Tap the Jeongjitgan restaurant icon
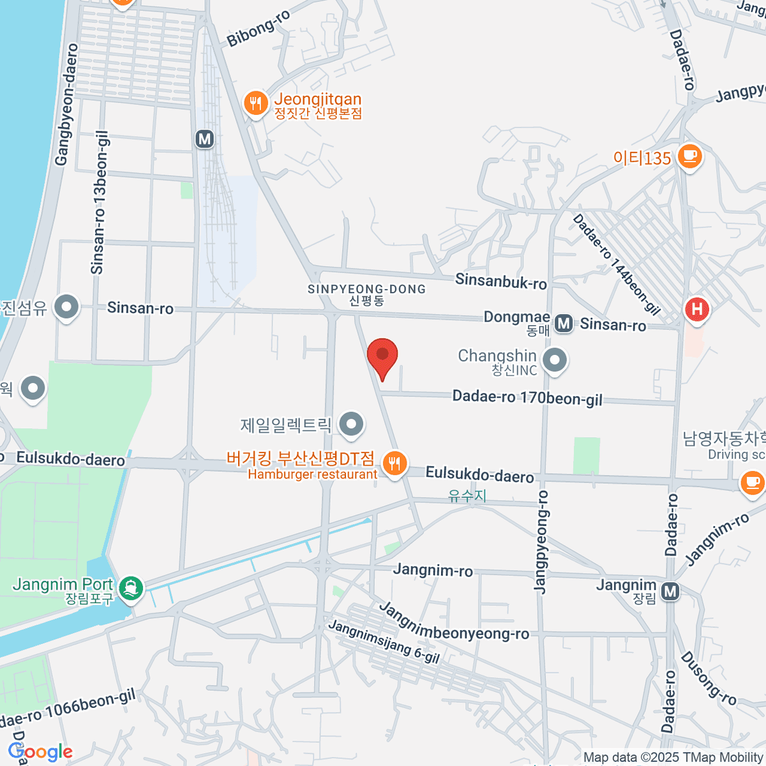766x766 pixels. [255, 103]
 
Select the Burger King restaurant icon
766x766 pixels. [395, 463]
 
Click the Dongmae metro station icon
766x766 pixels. [563, 324]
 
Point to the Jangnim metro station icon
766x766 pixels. [670, 592]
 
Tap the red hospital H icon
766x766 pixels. [696, 310]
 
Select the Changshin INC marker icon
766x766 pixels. [555, 360]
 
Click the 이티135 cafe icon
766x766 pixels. [689, 155]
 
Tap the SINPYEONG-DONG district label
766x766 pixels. [366, 289]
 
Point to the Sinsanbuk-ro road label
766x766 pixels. [501, 280]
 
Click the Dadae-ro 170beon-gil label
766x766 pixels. [527, 398]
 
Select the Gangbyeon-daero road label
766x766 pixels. [66, 105]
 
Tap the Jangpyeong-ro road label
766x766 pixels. [541, 543]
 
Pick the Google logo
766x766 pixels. [41, 752]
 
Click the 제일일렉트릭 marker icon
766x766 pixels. [350, 424]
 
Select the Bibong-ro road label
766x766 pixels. [259, 28]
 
